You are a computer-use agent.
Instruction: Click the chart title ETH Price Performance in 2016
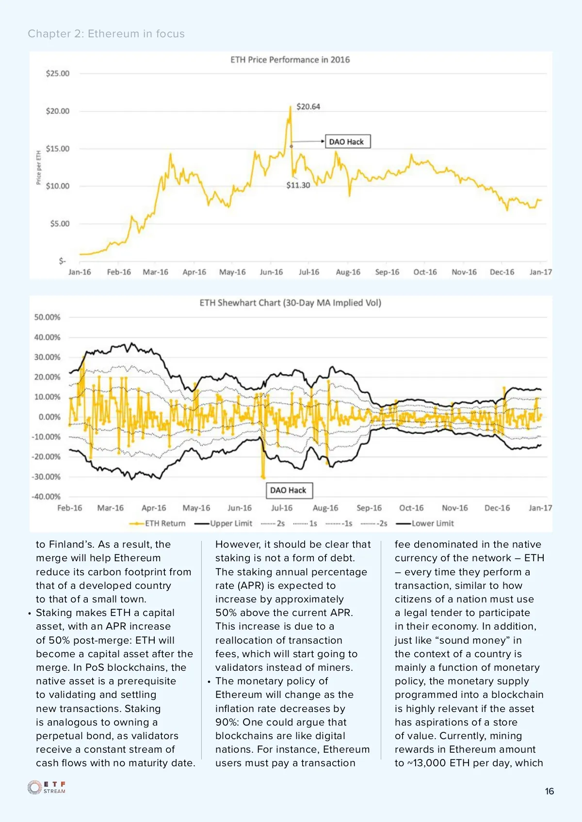coord(290,60)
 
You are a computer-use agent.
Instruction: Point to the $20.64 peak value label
coord(308,106)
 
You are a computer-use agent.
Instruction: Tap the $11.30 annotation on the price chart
coord(298,185)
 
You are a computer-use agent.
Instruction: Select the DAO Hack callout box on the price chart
coord(347,142)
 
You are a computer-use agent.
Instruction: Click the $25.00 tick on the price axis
coord(57,73)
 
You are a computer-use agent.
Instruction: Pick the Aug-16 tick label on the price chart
coord(348,272)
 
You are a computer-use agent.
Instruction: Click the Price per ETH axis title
coord(39,167)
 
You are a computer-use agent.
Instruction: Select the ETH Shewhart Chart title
coord(290,303)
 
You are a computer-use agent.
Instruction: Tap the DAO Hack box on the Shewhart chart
coord(288,490)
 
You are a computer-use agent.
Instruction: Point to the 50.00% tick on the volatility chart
coord(47,317)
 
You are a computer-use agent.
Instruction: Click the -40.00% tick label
coord(46,496)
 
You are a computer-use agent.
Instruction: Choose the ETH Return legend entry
coord(158,523)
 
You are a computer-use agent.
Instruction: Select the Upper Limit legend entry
coord(224,523)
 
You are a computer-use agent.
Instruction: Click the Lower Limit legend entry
coord(426,523)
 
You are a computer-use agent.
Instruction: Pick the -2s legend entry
coord(374,523)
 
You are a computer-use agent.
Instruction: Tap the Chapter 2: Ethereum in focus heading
coord(106,33)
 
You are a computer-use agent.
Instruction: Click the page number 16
coord(549,791)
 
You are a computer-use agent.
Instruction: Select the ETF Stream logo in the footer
coord(47,787)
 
